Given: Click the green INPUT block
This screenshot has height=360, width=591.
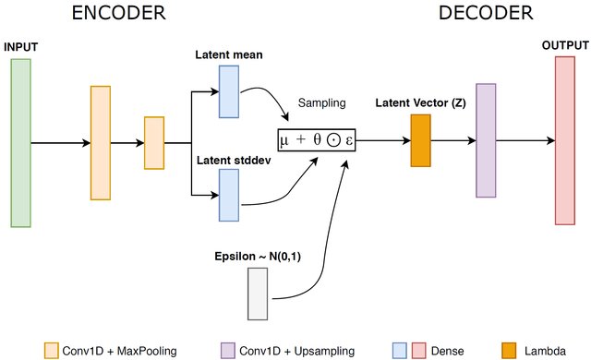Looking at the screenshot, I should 20,142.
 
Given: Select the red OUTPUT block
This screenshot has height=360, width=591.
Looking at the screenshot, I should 565,139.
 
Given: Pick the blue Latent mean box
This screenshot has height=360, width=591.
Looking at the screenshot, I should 228,92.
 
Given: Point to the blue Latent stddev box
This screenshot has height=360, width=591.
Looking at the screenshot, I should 228,195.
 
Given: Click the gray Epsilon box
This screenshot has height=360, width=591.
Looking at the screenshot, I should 257,293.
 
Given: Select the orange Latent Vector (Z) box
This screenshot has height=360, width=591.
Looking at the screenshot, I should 421,140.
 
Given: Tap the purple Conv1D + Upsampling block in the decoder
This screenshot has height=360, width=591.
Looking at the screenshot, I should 486,139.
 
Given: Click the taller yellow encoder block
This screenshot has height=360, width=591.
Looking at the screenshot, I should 101,142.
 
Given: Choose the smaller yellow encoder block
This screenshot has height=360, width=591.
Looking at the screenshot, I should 153,143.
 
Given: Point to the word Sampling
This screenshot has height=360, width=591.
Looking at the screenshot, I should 322,104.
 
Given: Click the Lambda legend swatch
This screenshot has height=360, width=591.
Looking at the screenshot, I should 510,350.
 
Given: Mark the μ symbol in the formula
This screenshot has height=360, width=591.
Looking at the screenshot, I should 285,141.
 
